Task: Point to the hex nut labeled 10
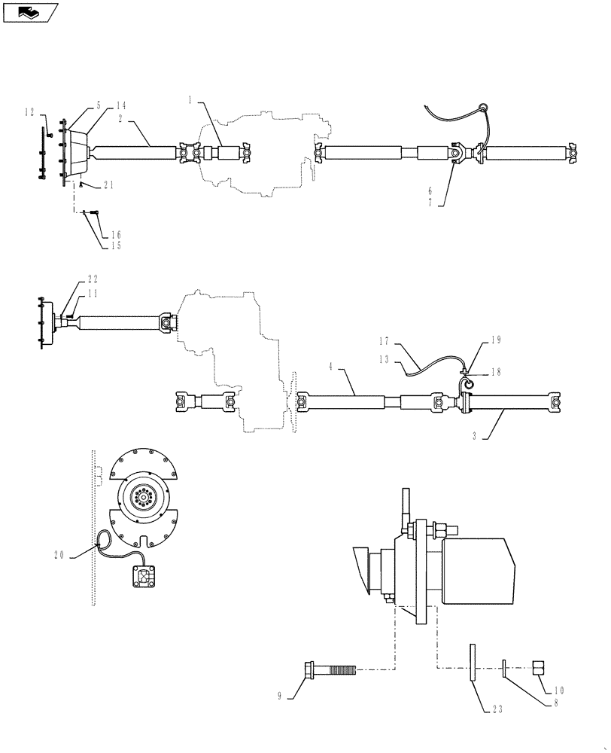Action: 542,667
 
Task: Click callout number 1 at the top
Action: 191,99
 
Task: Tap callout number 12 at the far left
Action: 29,112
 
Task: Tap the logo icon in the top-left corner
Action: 30,11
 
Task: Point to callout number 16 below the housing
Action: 117,235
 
